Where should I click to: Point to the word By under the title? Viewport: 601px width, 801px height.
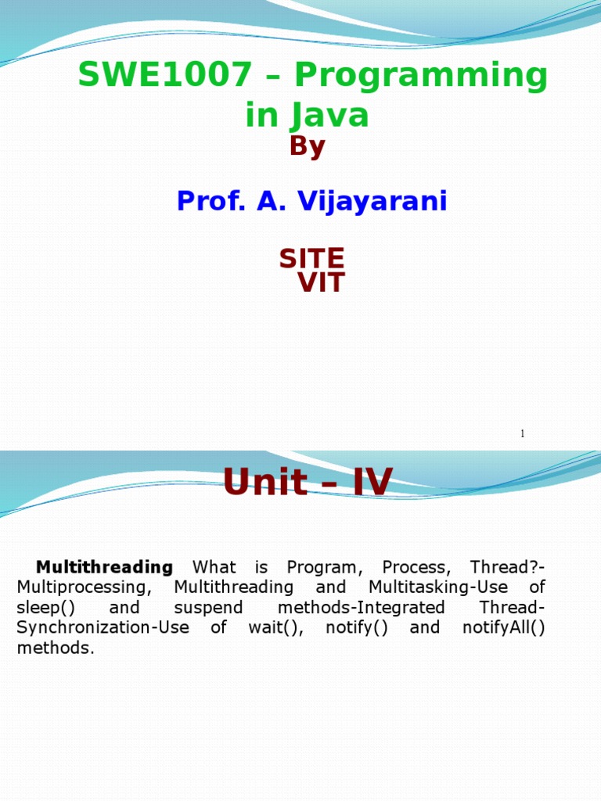click(x=307, y=146)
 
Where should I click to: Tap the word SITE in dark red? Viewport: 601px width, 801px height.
click(x=311, y=258)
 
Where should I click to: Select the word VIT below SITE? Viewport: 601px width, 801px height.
click(x=321, y=283)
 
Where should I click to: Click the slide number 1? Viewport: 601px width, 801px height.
click(x=522, y=433)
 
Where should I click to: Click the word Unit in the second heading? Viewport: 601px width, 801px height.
click(x=265, y=482)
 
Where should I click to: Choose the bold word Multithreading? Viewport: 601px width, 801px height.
click(x=104, y=566)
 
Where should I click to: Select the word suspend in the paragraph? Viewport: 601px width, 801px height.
click(x=208, y=608)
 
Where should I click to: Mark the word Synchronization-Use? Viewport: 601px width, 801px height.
click(x=103, y=628)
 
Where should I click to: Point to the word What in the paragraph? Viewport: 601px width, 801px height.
click(x=214, y=566)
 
